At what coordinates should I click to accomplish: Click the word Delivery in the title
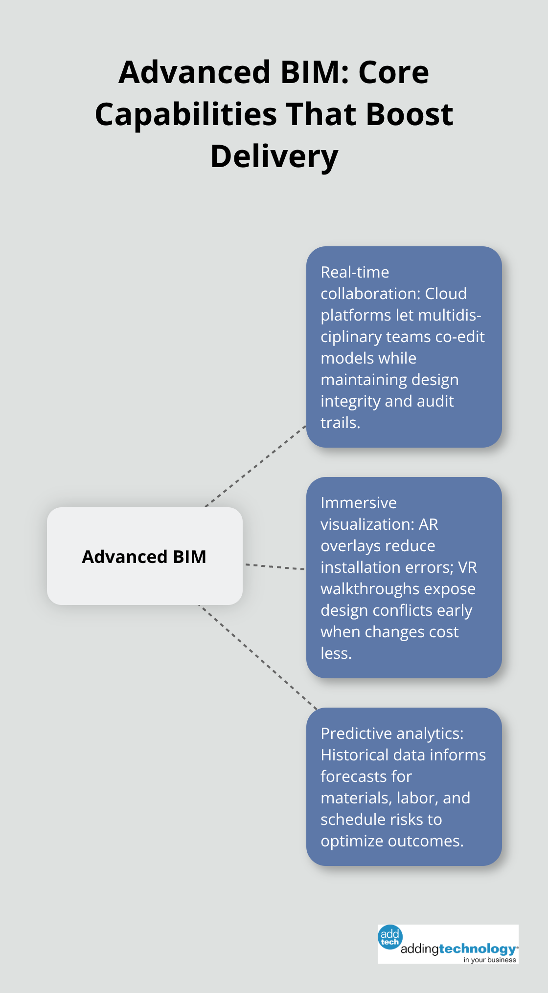click(x=274, y=156)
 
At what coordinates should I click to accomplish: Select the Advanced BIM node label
click(x=144, y=557)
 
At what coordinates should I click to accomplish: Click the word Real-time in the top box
click(x=355, y=272)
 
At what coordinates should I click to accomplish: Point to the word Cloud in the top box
click(x=446, y=294)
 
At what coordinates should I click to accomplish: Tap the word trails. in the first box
click(x=340, y=423)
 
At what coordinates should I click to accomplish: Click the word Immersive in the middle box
click(x=359, y=503)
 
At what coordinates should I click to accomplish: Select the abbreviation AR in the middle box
click(x=428, y=524)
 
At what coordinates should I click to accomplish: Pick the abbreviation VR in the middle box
click(x=467, y=567)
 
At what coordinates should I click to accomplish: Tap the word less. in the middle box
click(x=336, y=653)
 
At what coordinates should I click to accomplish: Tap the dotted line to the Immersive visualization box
click(x=274, y=567)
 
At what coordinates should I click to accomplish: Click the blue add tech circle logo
click(x=390, y=937)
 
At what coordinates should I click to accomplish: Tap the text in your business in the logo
click(x=489, y=960)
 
